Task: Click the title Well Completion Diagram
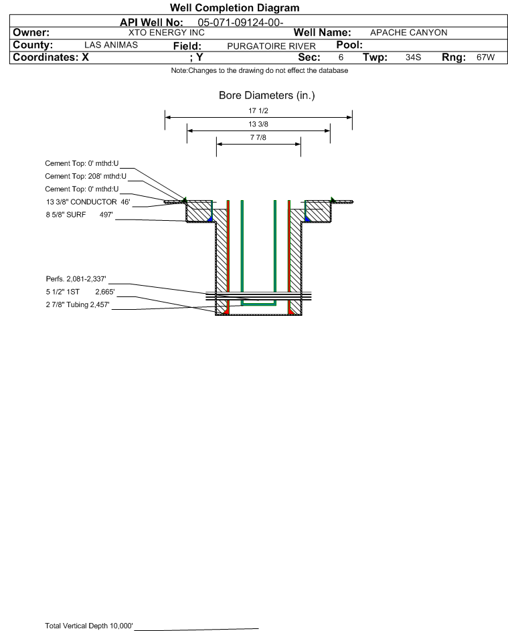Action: (234, 8)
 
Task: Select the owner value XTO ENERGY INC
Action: (166, 33)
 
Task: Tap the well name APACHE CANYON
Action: (408, 33)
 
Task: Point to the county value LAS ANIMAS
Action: (111, 45)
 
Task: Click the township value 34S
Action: (413, 58)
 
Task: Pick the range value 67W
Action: (485, 58)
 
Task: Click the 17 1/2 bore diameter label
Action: (258, 110)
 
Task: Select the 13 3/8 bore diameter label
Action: (258, 124)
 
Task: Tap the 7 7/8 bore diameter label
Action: (258, 138)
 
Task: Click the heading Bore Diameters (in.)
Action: (266, 96)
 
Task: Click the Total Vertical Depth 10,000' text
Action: (89, 626)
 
